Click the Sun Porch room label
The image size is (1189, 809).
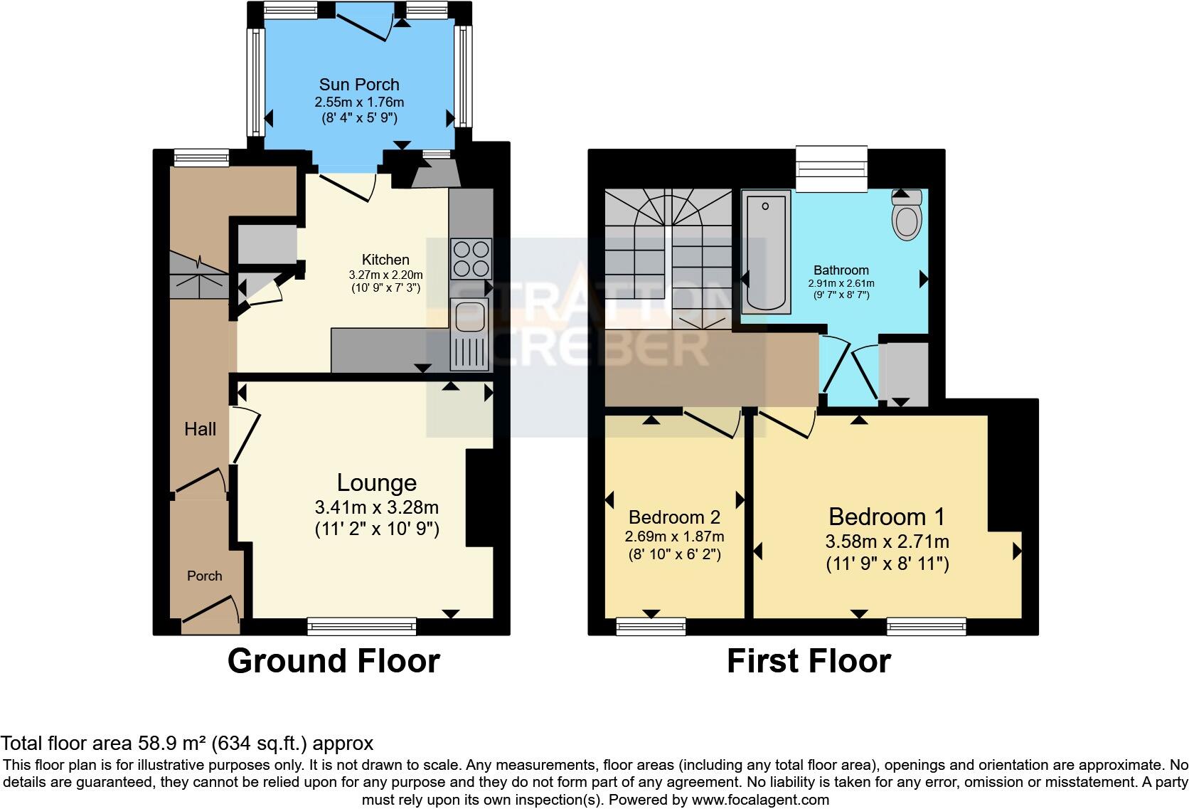(358, 85)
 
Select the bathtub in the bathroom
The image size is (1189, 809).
(766, 253)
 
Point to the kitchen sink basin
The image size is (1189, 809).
(469, 316)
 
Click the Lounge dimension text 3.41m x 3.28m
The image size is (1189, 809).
(376, 507)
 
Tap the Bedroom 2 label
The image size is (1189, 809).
(674, 517)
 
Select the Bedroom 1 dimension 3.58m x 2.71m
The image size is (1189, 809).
(887, 541)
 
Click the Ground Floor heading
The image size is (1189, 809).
(334, 661)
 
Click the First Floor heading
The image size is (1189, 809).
(809, 661)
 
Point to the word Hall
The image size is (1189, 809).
(200, 429)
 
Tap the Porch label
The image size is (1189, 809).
(204, 576)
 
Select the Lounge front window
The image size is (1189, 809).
(362, 626)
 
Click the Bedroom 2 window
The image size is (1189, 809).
(651, 626)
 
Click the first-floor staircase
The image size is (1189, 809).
(667, 256)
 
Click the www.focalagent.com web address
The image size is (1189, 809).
(759, 799)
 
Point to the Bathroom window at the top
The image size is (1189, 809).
(831, 169)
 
